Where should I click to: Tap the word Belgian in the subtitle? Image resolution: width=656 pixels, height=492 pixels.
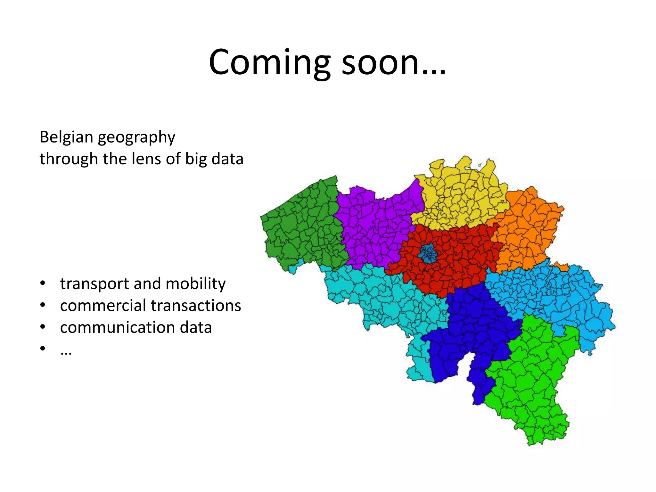[66, 137]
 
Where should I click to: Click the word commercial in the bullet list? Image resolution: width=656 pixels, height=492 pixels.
[103, 305]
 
